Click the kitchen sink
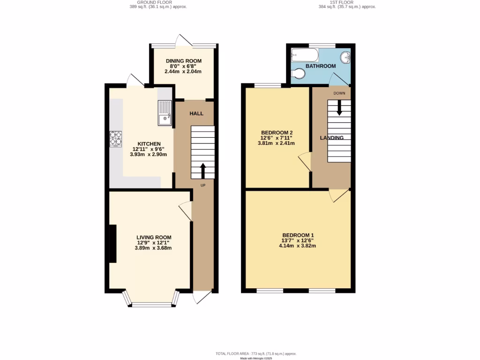coord(165,114)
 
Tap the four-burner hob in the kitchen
coord(115,139)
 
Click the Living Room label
coord(154,237)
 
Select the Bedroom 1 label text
coord(298,235)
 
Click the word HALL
coord(196,114)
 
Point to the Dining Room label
coord(183,61)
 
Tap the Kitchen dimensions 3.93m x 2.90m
coord(149,154)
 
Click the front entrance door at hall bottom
coord(202,297)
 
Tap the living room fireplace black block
coord(112,243)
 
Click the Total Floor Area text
coord(255,353)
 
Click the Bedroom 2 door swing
coord(304,161)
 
